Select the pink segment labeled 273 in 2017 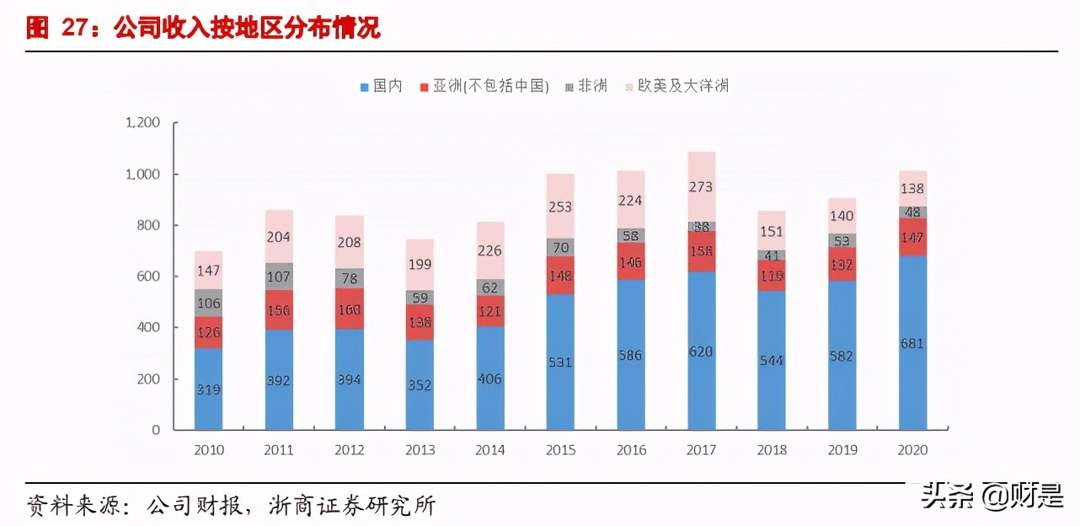(702, 186)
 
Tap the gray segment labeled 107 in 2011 (279, 276)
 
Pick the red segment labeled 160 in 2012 (349, 309)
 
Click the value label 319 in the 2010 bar (208, 389)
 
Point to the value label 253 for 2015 (560, 206)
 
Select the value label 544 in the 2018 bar (772, 360)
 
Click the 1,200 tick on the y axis (142, 123)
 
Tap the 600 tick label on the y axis (148, 276)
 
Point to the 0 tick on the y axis (156, 430)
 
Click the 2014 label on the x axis (490, 450)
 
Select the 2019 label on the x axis (842, 450)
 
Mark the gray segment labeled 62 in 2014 (490, 287)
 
